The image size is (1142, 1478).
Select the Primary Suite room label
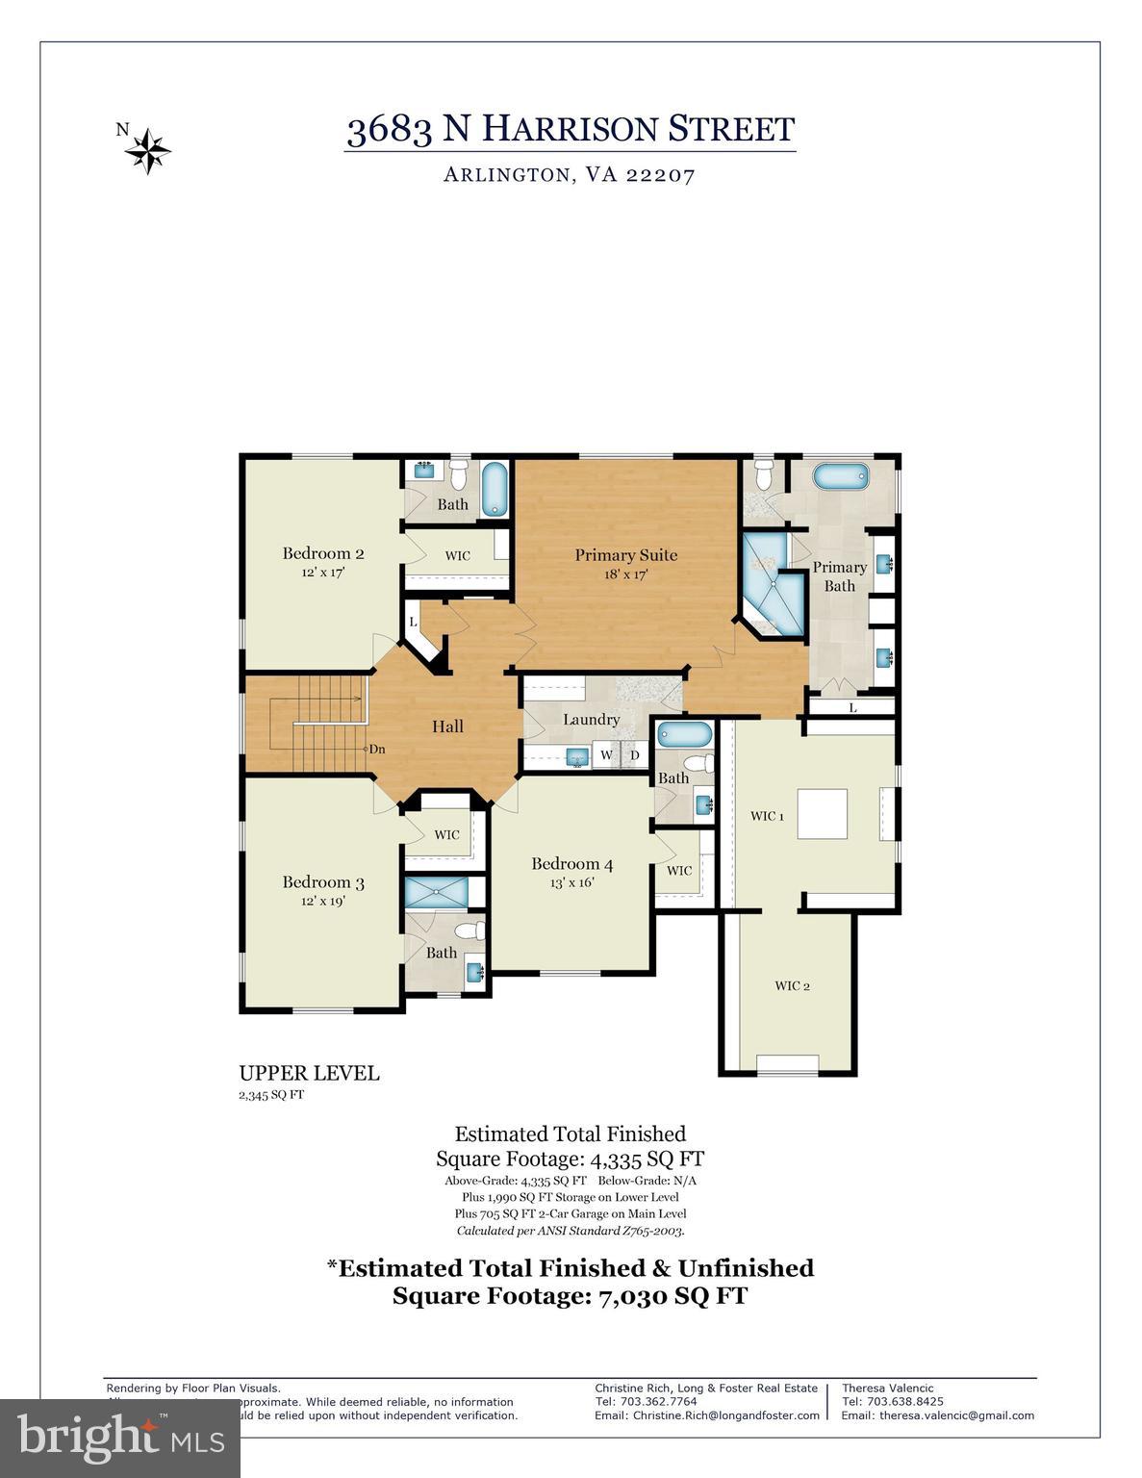(625, 555)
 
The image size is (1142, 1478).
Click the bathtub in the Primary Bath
(841, 476)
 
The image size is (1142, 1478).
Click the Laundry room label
(591, 720)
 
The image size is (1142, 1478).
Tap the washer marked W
(606, 755)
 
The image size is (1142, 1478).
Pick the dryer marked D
(634, 755)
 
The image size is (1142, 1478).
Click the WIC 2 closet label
(792, 986)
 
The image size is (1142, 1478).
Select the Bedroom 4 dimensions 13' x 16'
(571, 882)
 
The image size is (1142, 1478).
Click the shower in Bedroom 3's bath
(436, 892)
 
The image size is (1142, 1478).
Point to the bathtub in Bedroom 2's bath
(495, 489)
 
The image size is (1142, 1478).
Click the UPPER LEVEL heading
(309, 1073)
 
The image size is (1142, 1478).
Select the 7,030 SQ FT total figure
(673, 1296)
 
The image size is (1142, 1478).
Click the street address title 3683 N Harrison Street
(571, 129)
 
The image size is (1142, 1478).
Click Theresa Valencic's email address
(937, 1415)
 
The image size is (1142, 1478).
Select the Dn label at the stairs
(377, 749)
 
